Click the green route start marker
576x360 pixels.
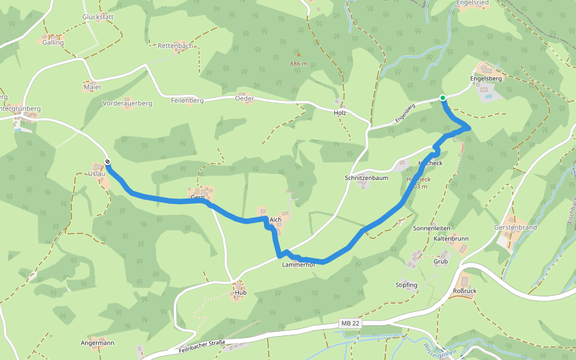[x=443, y=98]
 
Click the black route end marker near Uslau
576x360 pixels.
[x=107, y=161]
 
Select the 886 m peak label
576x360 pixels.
[x=298, y=64]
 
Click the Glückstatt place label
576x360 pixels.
[x=98, y=17]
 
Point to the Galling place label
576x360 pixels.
[x=53, y=43]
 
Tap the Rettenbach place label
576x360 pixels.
[x=175, y=46]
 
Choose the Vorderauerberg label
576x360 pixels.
[x=127, y=103]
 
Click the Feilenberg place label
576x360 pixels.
[x=187, y=100]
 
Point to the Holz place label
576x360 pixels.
[x=340, y=112]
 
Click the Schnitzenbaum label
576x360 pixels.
[x=366, y=178]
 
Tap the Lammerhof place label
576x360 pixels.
[x=299, y=264]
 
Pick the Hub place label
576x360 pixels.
[x=241, y=293]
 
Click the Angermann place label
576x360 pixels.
[x=97, y=343]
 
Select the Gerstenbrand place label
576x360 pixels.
[x=515, y=228]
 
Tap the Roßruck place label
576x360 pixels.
[x=464, y=291]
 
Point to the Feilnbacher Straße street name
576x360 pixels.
[x=202, y=346]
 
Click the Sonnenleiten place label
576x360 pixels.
[x=431, y=229]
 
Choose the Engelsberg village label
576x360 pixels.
[x=486, y=78]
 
